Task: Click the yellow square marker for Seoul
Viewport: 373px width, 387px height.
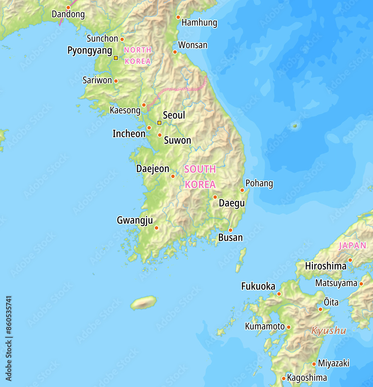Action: [159, 123]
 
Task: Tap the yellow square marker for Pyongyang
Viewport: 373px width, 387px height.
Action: [116, 58]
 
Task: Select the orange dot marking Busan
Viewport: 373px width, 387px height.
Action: [230, 230]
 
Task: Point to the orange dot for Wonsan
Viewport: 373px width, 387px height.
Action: [175, 52]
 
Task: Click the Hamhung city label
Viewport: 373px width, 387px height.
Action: [199, 23]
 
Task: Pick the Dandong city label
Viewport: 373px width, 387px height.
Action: [68, 15]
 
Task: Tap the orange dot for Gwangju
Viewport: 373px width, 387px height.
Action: [157, 228]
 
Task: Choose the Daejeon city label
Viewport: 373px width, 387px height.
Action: [153, 169]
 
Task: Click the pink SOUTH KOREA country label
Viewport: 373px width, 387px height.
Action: [200, 177]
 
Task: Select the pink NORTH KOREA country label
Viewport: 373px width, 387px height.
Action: [138, 55]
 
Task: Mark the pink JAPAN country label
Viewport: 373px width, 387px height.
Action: [352, 246]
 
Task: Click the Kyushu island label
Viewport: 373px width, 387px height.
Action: [329, 331]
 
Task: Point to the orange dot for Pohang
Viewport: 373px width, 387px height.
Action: [242, 190]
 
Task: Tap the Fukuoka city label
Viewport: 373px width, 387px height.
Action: [258, 286]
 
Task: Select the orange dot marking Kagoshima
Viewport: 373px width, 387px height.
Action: [283, 378]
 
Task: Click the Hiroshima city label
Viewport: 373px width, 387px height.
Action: [325, 266]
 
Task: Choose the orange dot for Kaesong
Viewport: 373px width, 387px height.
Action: [144, 105]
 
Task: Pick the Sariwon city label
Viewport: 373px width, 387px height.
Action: [97, 80]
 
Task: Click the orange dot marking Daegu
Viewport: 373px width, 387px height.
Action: [215, 197]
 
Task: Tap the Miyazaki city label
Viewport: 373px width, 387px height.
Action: [334, 363]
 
